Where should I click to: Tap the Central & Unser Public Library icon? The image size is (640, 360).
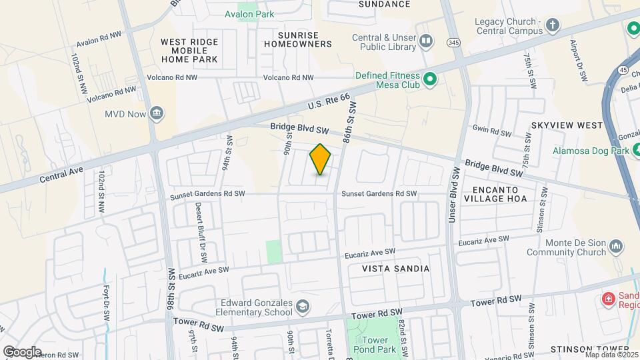pos(427,43)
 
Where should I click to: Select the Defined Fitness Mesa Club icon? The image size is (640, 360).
pos(430,81)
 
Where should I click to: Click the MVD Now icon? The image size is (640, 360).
pos(157,113)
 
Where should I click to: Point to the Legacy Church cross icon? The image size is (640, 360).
pos(552,26)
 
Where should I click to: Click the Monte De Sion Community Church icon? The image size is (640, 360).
pos(617,248)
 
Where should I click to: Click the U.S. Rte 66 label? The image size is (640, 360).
pos(329,102)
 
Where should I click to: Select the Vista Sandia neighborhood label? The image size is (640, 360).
pos(396,268)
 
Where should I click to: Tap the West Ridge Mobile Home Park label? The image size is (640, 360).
pos(189,50)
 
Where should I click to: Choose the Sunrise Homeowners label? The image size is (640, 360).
pos(297,39)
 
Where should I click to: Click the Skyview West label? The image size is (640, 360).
pos(558,125)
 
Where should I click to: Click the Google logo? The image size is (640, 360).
pos(22,351)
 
